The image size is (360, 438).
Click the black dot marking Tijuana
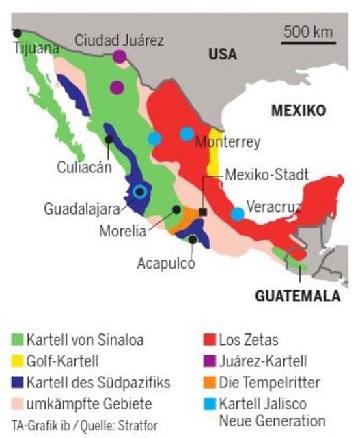pyautogui.click(x=17, y=33)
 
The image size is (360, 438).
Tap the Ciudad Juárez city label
pyautogui.click(x=119, y=41)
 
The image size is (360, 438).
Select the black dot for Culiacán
pyautogui.click(x=109, y=139)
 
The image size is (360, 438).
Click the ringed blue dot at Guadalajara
pyautogui.click(x=140, y=192)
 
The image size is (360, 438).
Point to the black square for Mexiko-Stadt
pyautogui.click(x=204, y=212)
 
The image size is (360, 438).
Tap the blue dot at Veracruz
pyautogui.click(x=237, y=214)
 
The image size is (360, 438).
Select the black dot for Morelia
pyautogui.click(x=177, y=210)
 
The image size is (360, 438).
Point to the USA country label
pyautogui.click(x=222, y=54)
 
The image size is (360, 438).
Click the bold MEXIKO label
pyautogui.click(x=299, y=110)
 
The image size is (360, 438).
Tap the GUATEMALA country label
pyautogui.click(x=297, y=297)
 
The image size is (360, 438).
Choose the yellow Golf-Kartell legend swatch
pyautogui.click(x=18, y=360)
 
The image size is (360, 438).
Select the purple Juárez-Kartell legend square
pyautogui.click(x=208, y=360)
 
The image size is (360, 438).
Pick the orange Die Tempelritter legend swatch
pyautogui.click(x=208, y=381)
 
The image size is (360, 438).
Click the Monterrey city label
pyautogui.click(x=227, y=142)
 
